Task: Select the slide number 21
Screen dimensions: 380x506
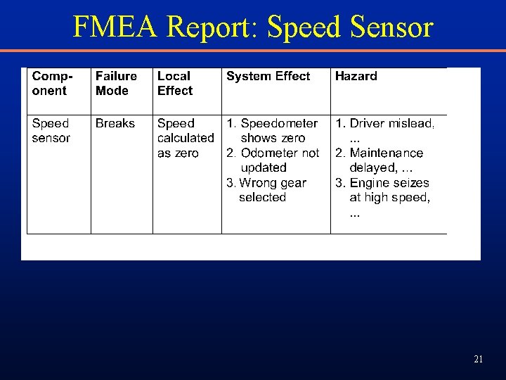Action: tap(478, 360)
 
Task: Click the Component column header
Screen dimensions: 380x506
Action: tap(51, 83)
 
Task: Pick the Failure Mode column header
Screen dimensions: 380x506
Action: tap(116, 83)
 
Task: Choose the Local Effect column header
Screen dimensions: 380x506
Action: tap(175, 83)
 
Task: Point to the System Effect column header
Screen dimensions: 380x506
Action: tap(268, 76)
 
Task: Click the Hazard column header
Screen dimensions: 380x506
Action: tap(356, 76)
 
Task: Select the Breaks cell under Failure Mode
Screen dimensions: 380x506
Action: tap(115, 123)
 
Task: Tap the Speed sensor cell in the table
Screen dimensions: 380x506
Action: tap(51, 130)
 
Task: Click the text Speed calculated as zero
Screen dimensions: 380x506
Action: tap(185, 138)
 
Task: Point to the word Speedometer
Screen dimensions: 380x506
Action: tap(279, 123)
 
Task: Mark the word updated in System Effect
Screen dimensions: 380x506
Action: tap(264, 167)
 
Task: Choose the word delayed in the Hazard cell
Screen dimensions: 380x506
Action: tap(372, 167)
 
